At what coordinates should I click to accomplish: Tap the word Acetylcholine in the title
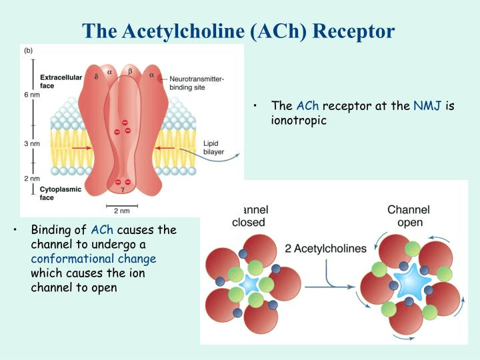184,31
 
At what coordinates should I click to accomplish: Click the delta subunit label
97,77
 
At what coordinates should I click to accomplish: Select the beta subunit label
131,71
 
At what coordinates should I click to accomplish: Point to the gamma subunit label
123,189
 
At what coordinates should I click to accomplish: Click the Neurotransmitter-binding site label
197,83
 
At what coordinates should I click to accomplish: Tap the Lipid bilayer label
214,147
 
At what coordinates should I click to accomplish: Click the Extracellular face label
61,81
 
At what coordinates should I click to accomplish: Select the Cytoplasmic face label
60,193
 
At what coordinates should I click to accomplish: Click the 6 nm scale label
32,95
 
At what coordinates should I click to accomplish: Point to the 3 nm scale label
32,143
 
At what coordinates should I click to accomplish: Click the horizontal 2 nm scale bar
122,206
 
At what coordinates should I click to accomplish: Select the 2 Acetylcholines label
325,248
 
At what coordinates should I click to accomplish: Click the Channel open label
409,216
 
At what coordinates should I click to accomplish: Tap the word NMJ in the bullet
427,106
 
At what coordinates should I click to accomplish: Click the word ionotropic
299,120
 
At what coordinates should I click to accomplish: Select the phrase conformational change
94,259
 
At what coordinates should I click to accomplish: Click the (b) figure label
28,51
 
